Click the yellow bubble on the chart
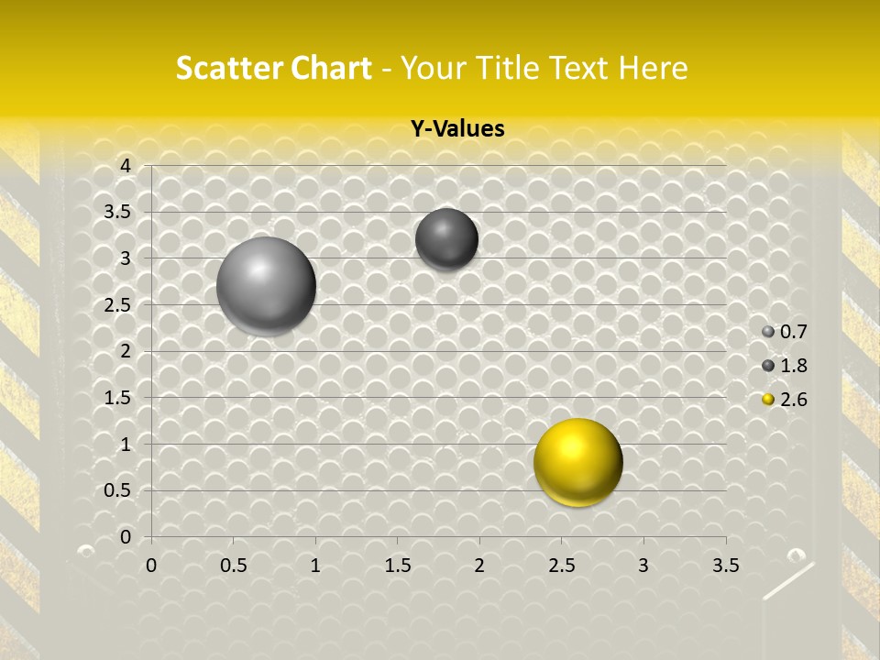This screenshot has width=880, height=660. [578, 462]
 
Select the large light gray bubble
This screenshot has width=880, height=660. [266, 285]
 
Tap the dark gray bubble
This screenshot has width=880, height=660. [446, 239]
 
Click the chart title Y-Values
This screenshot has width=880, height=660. [456, 129]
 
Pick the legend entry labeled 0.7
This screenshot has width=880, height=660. [785, 332]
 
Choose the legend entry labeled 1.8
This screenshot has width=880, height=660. [785, 366]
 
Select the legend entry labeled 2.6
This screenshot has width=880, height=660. [785, 400]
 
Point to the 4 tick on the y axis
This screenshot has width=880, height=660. [126, 166]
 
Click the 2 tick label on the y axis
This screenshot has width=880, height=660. [126, 351]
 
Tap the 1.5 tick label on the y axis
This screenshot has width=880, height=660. [118, 398]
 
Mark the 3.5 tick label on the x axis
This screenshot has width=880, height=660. [725, 566]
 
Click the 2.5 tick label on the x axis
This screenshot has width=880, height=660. [561, 566]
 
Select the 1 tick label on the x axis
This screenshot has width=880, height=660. [315, 566]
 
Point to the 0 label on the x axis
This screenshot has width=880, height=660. [151, 566]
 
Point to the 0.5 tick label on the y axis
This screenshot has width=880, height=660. [118, 490]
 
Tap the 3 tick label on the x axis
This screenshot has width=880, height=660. [643, 566]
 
